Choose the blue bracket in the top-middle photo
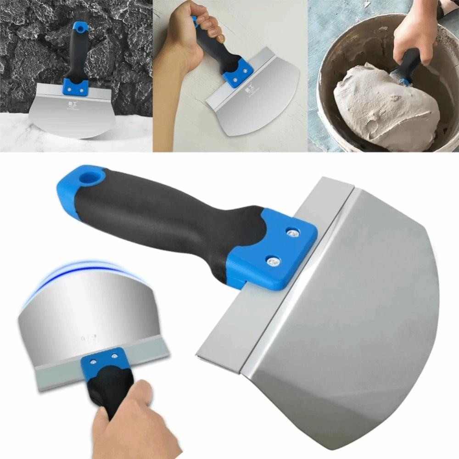(237, 71)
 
